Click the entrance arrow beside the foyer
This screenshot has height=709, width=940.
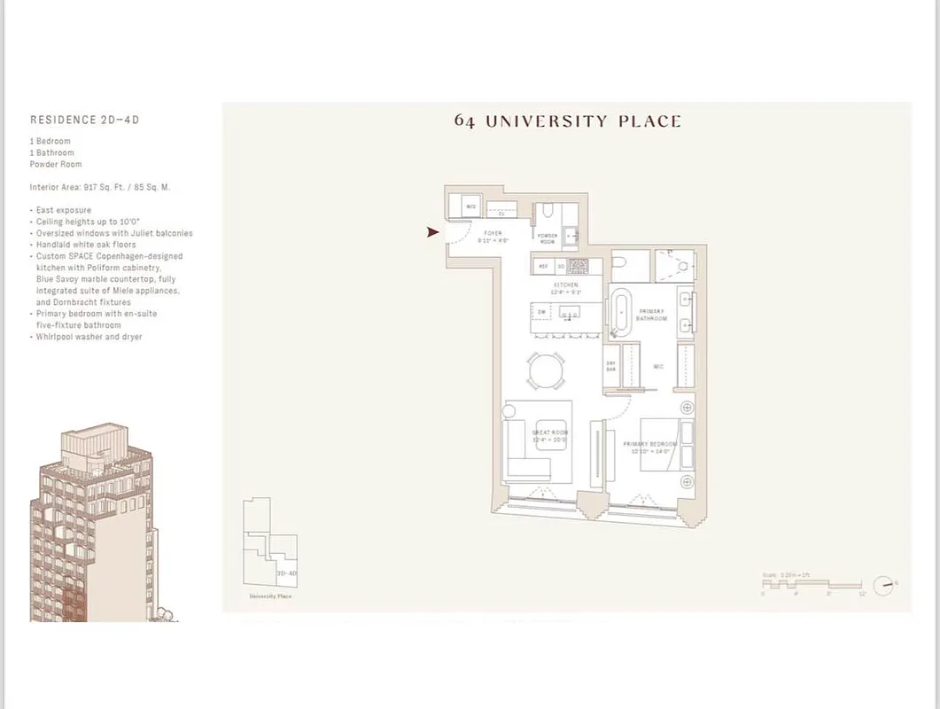click(432, 232)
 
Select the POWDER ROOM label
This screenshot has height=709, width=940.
click(548, 238)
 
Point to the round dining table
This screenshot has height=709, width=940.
click(545, 370)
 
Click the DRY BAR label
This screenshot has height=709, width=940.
click(611, 365)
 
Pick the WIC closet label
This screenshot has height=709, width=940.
click(658, 365)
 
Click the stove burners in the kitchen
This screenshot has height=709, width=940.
click(579, 264)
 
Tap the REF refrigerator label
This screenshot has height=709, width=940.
click(543, 265)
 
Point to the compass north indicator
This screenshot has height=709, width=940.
click(884, 585)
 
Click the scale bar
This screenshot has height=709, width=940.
click(811, 585)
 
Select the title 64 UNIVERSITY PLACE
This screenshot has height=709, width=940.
click(568, 121)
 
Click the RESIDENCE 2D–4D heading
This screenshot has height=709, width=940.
click(85, 120)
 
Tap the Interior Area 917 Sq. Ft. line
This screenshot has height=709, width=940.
click(100, 187)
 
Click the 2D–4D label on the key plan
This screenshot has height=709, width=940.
click(286, 573)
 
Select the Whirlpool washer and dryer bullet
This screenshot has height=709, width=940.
click(89, 337)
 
